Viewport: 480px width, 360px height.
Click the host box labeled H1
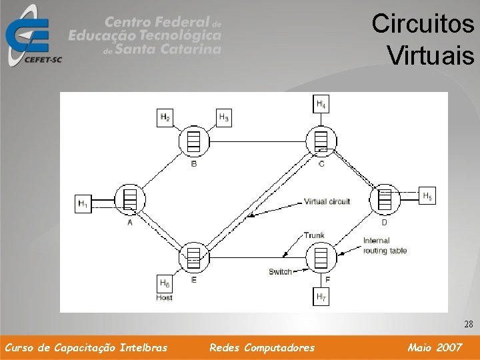point(83,203)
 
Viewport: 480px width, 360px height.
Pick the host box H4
point(321,104)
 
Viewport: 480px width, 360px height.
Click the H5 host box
point(427,196)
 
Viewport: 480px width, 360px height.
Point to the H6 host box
point(165,283)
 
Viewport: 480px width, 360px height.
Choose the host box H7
point(321,296)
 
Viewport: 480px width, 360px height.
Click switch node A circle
point(130,199)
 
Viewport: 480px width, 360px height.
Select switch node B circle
point(194,141)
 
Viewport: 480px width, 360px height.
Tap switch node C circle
point(321,141)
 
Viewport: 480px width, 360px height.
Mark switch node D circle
point(385,199)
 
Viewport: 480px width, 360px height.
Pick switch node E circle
point(194,257)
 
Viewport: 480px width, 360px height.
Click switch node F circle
point(321,257)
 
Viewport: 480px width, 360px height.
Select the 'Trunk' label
point(313,235)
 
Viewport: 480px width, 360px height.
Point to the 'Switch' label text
point(280,271)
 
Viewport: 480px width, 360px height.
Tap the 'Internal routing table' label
point(385,245)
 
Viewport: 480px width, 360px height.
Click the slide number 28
point(468,325)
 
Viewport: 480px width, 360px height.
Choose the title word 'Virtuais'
point(430,53)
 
